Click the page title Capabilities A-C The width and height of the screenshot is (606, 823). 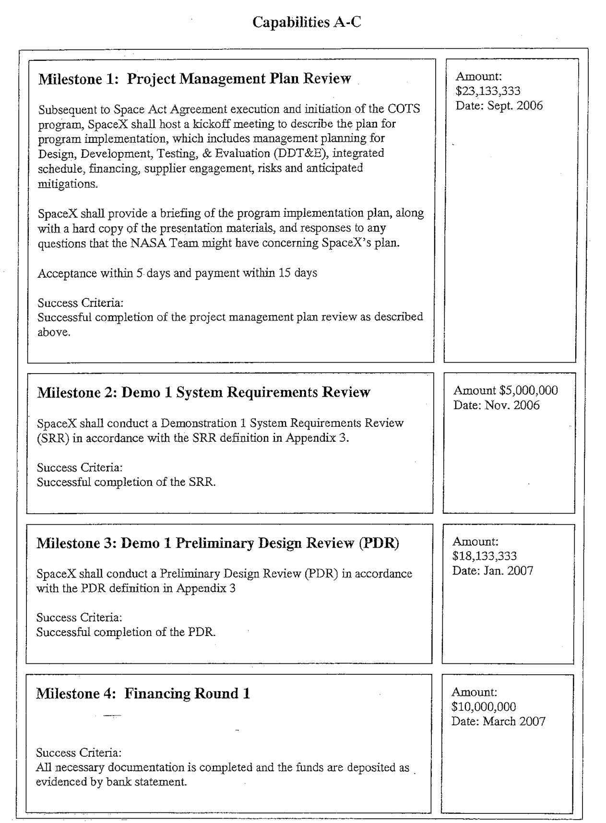click(306, 22)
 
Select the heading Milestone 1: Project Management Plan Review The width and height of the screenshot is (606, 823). click(194, 79)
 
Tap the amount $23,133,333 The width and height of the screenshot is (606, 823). click(487, 91)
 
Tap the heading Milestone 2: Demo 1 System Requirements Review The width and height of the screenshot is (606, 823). click(203, 392)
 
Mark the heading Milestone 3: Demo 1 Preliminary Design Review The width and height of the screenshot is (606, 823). click(217, 543)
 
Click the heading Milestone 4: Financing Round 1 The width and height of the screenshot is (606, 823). click(143, 694)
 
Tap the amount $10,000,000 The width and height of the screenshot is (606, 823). click(484, 706)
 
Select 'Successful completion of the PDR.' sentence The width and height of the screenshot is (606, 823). click(126, 632)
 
